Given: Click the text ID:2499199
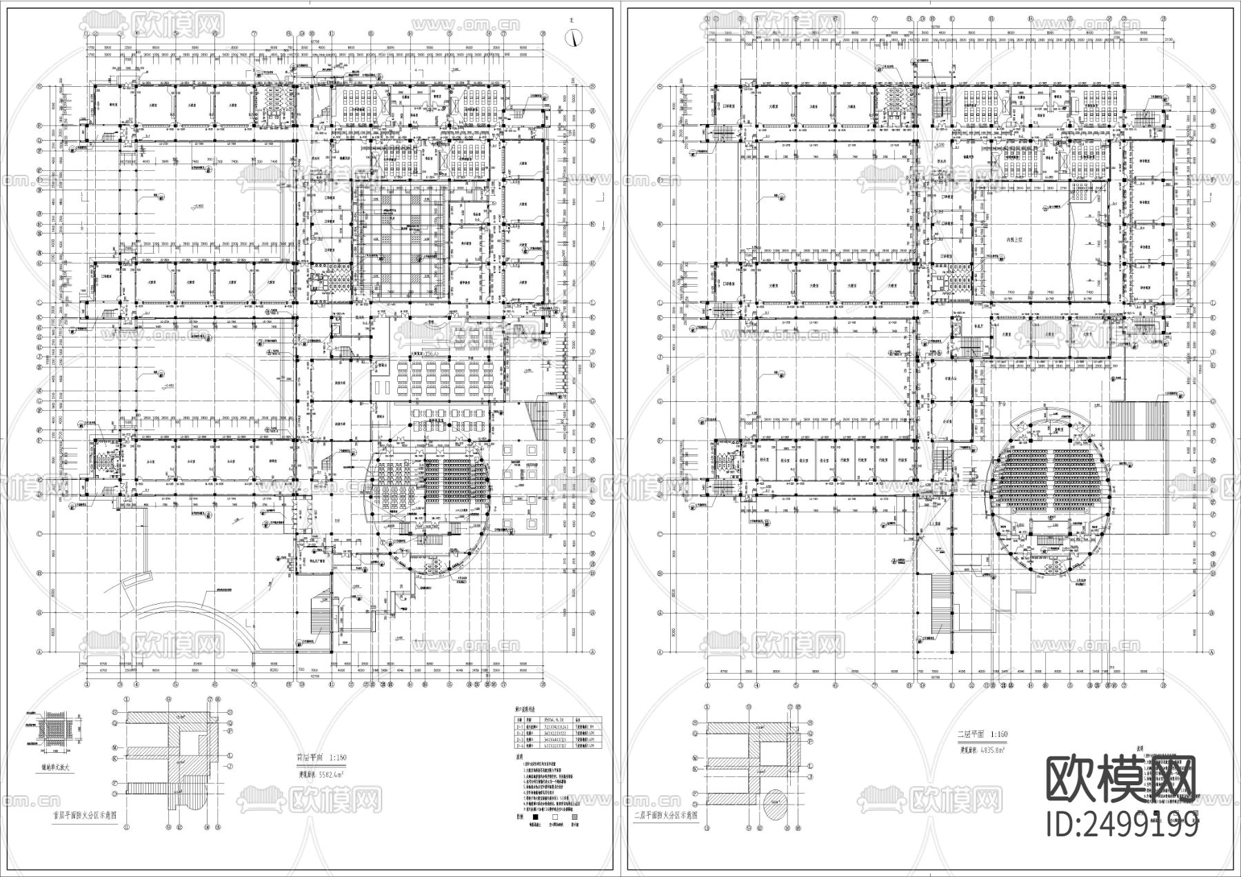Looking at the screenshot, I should tap(1122, 825).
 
